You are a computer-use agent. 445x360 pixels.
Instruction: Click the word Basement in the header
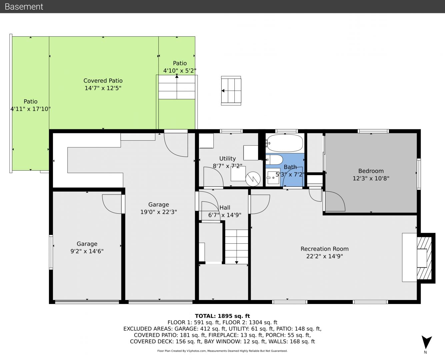(24, 7)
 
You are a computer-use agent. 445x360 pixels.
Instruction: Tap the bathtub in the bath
(285, 143)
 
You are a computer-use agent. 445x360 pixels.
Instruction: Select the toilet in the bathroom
(274, 160)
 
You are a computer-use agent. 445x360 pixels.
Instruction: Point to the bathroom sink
(273, 177)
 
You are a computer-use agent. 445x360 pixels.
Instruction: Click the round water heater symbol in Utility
(253, 179)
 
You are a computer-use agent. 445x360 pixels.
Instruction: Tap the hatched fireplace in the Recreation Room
(424, 258)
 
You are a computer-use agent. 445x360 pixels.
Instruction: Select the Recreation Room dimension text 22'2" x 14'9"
(324, 256)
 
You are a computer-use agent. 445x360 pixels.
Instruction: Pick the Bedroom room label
(371, 171)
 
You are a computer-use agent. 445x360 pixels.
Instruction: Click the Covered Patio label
(103, 81)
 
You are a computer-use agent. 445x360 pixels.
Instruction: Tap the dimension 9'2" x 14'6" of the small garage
(87, 251)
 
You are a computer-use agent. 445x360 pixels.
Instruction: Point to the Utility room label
(228, 158)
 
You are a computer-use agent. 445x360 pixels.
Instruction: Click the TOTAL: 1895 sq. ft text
(222, 316)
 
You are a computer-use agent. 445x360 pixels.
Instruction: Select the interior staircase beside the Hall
(236, 247)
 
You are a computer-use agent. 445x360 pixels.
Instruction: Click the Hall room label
(225, 207)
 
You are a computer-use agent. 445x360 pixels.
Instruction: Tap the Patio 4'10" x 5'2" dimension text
(180, 71)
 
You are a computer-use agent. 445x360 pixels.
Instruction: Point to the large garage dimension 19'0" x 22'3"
(159, 212)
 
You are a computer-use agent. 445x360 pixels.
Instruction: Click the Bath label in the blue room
(290, 167)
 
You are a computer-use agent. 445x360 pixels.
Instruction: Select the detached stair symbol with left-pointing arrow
(231, 91)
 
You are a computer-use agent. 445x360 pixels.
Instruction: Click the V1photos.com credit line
(222, 351)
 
